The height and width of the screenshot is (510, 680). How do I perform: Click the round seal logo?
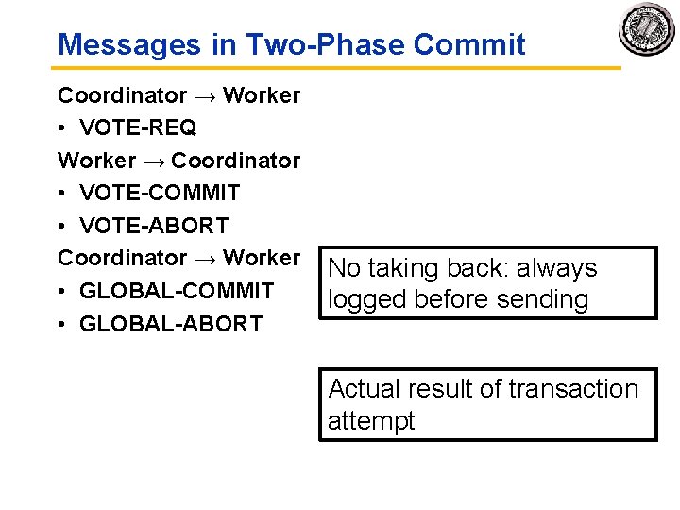[x=647, y=30]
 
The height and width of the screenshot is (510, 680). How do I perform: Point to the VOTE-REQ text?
[x=138, y=127]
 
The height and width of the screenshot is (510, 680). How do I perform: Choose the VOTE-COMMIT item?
[x=160, y=193]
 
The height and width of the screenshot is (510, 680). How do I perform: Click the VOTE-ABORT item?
[x=154, y=226]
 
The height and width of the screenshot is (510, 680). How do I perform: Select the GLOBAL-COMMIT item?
[x=177, y=290]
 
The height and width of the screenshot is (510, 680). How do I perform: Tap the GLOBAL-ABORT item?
[x=171, y=323]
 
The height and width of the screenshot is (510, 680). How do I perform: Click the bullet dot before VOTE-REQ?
[x=63, y=128]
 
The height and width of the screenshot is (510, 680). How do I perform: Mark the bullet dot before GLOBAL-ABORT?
[x=63, y=324]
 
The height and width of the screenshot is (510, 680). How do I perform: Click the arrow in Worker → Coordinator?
[x=152, y=161]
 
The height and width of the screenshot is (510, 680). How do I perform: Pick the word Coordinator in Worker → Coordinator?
[x=235, y=161]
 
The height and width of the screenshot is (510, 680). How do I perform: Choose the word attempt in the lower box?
[x=371, y=421]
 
